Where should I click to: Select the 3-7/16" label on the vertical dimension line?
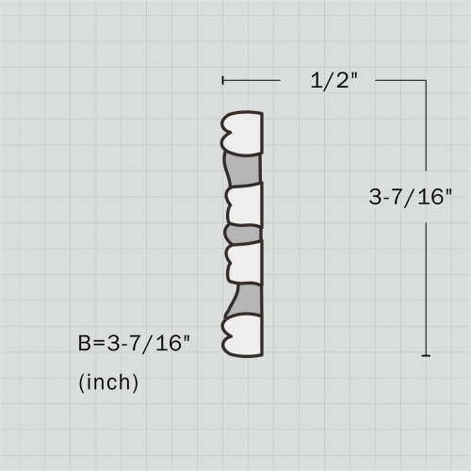point(411,197)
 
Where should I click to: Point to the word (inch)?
point(108,382)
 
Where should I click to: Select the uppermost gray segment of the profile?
point(248,170)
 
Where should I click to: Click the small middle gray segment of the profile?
point(242,233)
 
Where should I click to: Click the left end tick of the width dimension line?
point(222,81)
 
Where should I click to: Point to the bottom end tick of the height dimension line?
point(426,355)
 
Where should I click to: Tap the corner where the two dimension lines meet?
point(426,81)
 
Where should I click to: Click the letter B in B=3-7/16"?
point(84,343)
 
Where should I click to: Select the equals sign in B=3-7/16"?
point(97,343)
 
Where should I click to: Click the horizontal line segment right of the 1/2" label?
point(400,81)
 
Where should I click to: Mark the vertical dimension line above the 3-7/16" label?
point(426,132)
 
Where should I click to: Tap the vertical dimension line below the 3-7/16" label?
point(426,283)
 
